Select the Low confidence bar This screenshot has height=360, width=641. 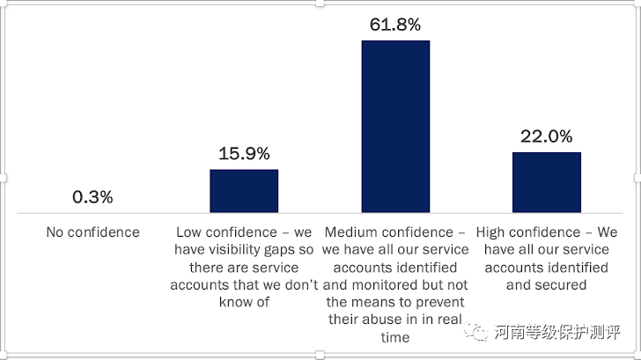coord(244,191)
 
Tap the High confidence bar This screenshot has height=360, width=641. coord(547,182)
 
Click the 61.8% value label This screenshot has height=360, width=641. coord(395,24)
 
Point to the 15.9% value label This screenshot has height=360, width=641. coord(244,153)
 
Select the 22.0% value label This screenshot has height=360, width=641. coord(547,136)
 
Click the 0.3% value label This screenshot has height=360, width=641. coord(92,197)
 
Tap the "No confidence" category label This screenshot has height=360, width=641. coord(92,232)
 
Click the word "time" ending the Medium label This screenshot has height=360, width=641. coord(395,338)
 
